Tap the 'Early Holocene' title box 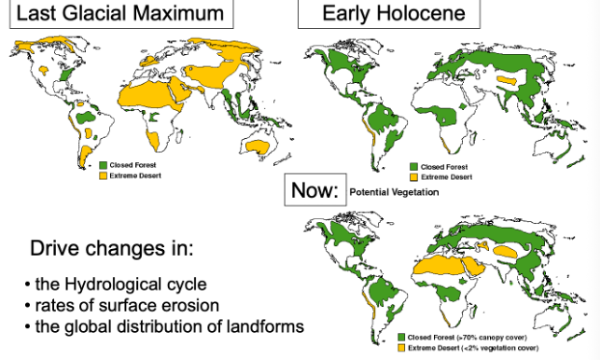pyautogui.click(x=387, y=14)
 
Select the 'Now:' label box pyautogui.click(x=314, y=190)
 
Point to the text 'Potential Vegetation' pyautogui.click(x=394, y=192)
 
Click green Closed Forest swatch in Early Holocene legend pyautogui.click(x=415, y=168)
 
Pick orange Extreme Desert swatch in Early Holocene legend pyautogui.click(x=415, y=176)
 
